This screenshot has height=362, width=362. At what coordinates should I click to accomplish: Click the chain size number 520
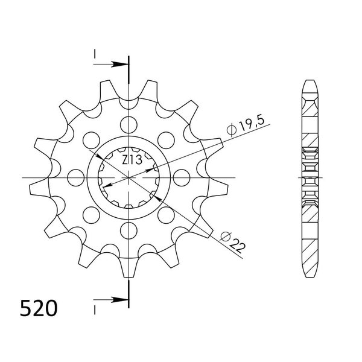[x=39, y=309]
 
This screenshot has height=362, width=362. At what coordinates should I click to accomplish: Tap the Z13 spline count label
[x=132, y=160]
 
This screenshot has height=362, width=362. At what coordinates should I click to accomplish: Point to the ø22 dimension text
[x=232, y=242]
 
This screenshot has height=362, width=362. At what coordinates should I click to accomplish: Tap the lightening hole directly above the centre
[x=129, y=125]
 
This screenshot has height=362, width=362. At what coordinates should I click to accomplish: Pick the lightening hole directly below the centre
[x=129, y=230]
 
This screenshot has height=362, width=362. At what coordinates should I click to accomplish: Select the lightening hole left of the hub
[x=76, y=178]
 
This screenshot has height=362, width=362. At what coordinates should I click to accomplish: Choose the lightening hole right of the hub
[x=182, y=178]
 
